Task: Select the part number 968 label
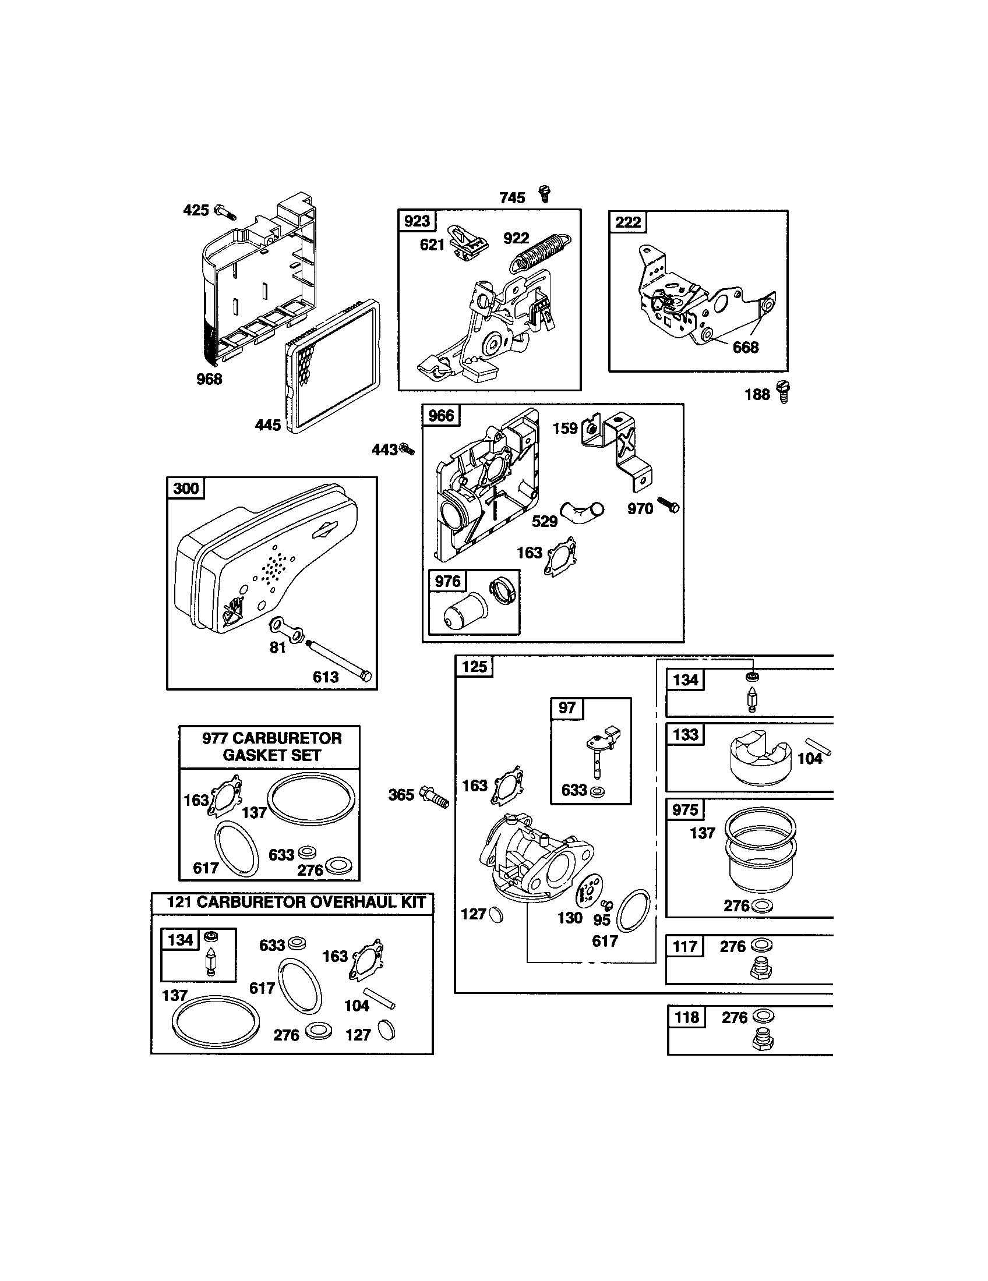(x=209, y=380)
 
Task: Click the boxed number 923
(x=417, y=221)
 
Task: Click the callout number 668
(x=745, y=348)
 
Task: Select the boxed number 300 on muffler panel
(x=186, y=488)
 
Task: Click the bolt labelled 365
(x=434, y=796)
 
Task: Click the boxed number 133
(x=685, y=735)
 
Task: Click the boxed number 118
(x=686, y=1017)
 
